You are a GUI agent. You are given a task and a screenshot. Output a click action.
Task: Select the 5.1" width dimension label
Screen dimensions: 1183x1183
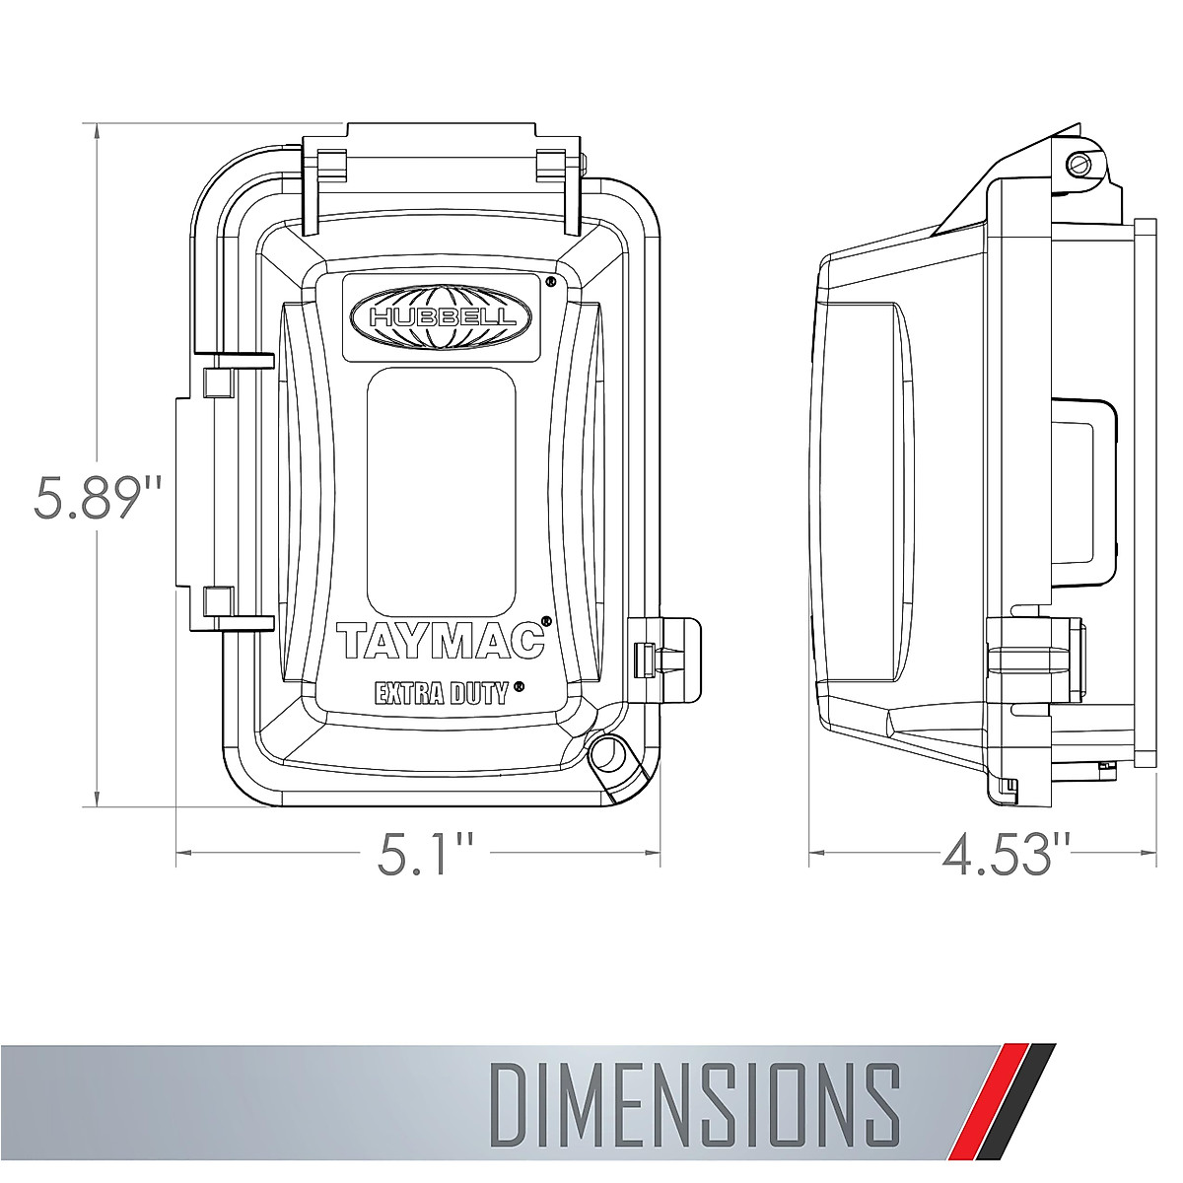pyautogui.click(x=424, y=855)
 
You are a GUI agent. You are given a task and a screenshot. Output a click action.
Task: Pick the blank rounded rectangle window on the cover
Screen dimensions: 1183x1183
pyautogui.click(x=442, y=491)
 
